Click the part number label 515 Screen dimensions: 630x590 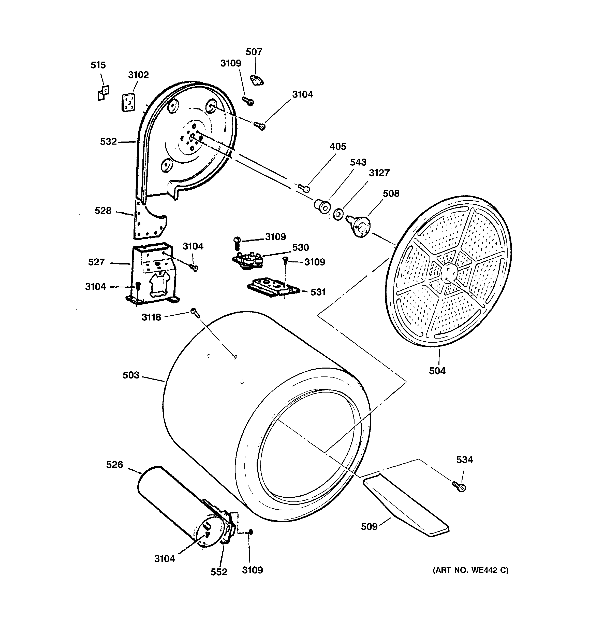pyautogui.click(x=98, y=65)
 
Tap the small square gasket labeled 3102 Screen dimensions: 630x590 pyautogui.click(x=128, y=102)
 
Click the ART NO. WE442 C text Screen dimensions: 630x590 pyautogui.click(x=470, y=570)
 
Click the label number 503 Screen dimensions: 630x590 pyautogui.click(x=131, y=375)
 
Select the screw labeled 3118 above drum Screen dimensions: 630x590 pyautogui.click(x=195, y=313)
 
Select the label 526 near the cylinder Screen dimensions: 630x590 pyautogui.click(x=114, y=465)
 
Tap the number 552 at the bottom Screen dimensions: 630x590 pyautogui.click(x=219, y=572)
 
